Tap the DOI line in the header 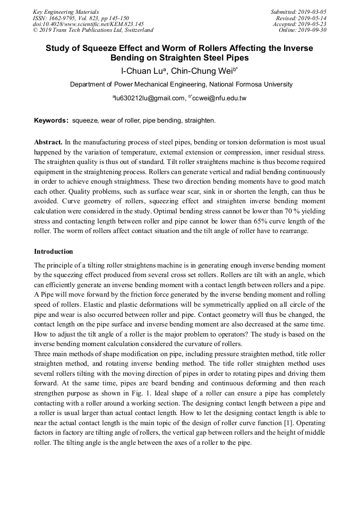(88, 24)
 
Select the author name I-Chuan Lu (141, 70)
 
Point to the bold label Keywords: (52, 121)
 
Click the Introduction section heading (54, 251)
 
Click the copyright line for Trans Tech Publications (93, 30)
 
